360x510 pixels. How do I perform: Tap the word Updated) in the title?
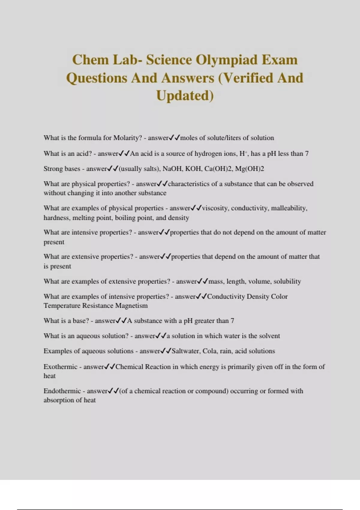pyautogui.click(x=185, y=96)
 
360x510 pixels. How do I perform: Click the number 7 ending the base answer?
pyautogui.click(x=232, y=321)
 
